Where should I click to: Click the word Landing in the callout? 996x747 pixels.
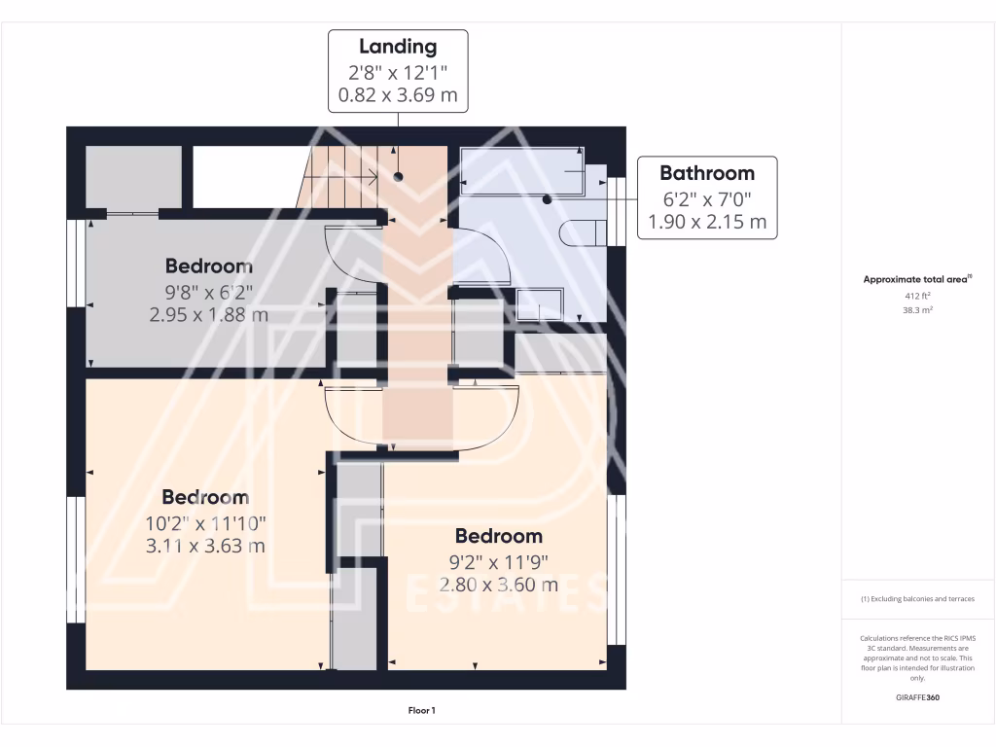(x=398, y=46)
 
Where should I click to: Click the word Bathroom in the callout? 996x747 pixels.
(x=706, y=173)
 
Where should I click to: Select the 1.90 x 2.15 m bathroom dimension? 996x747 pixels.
(x=706, y=222)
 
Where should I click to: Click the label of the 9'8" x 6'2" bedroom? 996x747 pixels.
(x=208, y=266)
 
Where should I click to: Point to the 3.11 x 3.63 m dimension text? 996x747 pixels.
(x=204, y=546)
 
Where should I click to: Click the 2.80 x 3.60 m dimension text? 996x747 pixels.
(x=498, y=585)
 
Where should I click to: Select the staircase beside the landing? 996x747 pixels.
(x=338, y=176)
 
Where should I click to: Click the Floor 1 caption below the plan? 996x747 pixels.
(x=421, y=711)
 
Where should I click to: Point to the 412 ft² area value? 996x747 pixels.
(x=918, y=295)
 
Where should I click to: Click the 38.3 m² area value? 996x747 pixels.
(x=918, y=310)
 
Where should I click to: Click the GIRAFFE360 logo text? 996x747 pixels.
(x=918, y=697)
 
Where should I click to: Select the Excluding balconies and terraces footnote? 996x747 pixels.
(x=918, y=599)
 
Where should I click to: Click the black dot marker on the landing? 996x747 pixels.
(x=398, y=176)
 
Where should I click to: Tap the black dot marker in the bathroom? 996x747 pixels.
(x=547, y=199)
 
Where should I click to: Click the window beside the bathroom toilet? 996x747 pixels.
(x=615, y=210)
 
